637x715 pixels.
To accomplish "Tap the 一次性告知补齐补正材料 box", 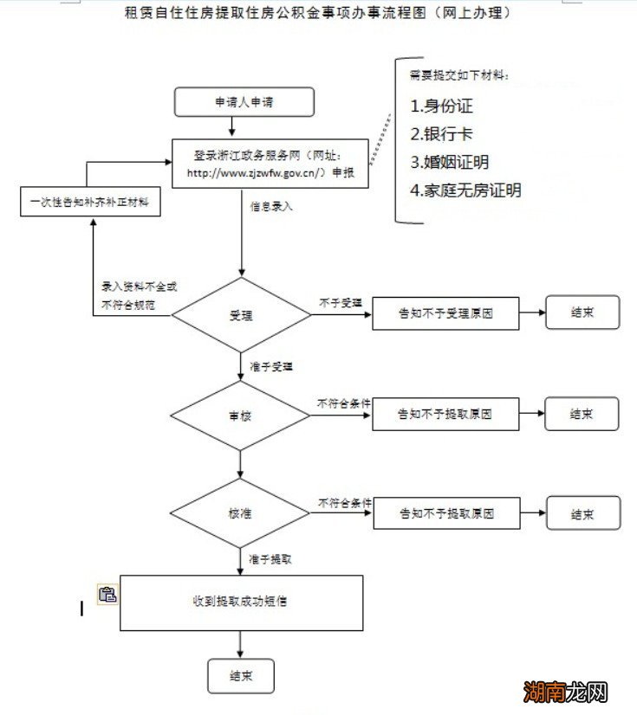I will (90, 202).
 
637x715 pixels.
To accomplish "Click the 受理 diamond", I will (241, 314).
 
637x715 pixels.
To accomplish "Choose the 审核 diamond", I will (240, 415).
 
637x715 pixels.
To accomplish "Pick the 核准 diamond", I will (240, 513).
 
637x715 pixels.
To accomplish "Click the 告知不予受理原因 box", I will (445, 313).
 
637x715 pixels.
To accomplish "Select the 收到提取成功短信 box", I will (240, 601).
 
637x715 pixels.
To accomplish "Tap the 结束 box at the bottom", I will (240, 676).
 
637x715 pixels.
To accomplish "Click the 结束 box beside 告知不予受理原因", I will (582, 312).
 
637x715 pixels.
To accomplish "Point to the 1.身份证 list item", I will (442, 106).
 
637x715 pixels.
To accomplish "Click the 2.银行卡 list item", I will (442, 134).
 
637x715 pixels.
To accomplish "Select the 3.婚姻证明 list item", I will (449, 162).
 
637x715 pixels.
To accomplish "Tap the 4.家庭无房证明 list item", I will (466, 190).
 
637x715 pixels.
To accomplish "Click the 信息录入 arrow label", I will (272, 208).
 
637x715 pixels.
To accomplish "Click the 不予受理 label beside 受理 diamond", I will (341, 302).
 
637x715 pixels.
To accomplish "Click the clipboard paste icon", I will (107, 594).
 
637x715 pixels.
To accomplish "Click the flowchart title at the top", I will (318, 13).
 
